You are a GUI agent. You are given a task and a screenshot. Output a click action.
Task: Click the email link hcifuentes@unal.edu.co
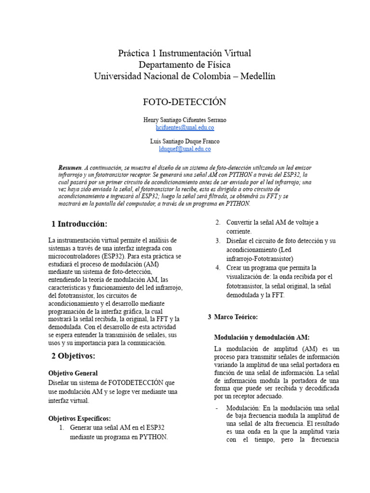pyautogui.click(x=185, y=128)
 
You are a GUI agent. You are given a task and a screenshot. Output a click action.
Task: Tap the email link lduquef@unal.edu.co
pyautogui.click(x=185, y=149)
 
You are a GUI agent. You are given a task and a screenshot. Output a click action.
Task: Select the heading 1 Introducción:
pyautogui.click(x=79, y=224)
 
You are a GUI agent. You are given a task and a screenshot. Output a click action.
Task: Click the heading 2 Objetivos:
pyautogui.click(x=73, y=356)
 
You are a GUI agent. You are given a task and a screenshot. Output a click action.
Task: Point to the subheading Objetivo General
pyautogui.click(x=73, y=373)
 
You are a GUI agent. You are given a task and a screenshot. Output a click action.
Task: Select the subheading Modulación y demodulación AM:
pyautogui.click(x=262, y=337)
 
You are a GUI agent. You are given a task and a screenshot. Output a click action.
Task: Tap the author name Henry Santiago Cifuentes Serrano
pyautogui.click(x=185, y=119)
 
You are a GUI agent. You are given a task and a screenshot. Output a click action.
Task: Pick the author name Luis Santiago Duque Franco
pyautogui.click(x=185, y=141)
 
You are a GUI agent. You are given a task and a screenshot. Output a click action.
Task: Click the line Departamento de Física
pyautogui.click(x=185, y=65)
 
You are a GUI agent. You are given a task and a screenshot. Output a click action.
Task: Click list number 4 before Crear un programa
pyautogui.click(x=218, y=267)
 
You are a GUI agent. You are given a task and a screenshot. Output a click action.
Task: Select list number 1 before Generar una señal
pyautogui.click(x=62, y=428)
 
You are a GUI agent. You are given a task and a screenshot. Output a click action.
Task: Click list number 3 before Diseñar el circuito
pyautogui.click(x=218, y=240)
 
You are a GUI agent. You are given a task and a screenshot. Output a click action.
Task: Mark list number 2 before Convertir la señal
pyautogui.click(x=218, y=222)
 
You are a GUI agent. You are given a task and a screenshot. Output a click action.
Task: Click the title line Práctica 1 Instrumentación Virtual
pyautogui.click(x=185, y=53)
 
